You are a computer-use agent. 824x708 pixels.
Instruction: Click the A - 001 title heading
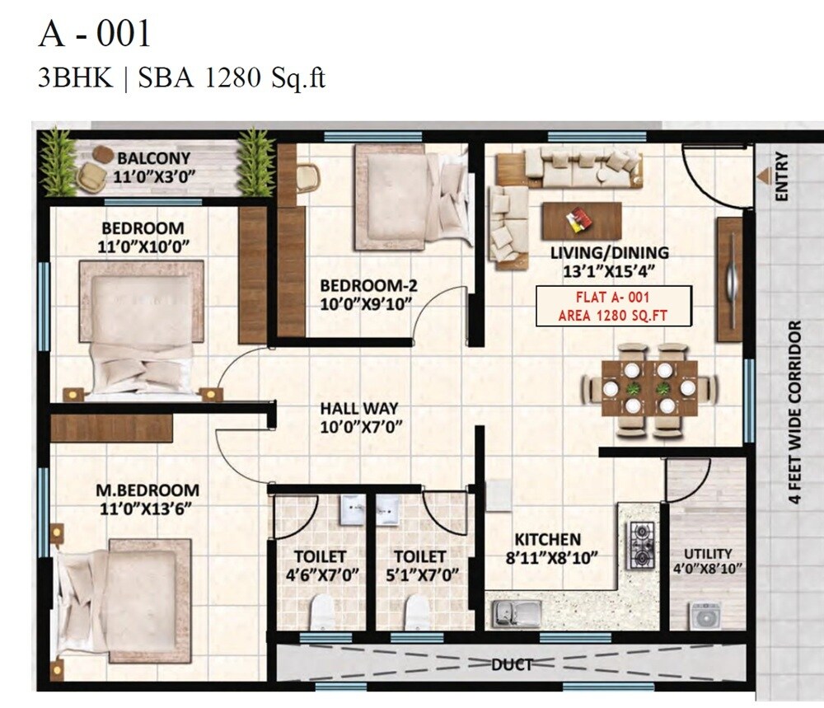[95, 35]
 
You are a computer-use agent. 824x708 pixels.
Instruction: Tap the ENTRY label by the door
[782, 176]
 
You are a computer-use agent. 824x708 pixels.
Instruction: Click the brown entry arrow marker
[764, 176]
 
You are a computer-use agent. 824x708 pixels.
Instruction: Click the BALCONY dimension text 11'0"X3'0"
[153, 175]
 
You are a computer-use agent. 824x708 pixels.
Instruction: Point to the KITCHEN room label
[544, 539]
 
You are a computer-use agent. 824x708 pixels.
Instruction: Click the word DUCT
[512, 663]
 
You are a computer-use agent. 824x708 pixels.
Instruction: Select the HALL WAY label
[358, 408]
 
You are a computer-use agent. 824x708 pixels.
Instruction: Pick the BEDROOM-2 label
[368, 286]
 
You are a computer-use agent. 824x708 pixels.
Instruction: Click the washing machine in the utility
[705, 615]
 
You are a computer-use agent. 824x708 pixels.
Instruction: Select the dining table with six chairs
[649, 387]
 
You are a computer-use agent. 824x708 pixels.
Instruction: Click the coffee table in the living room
[582, 220]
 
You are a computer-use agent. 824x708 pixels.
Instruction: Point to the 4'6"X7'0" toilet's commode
[322, 612]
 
